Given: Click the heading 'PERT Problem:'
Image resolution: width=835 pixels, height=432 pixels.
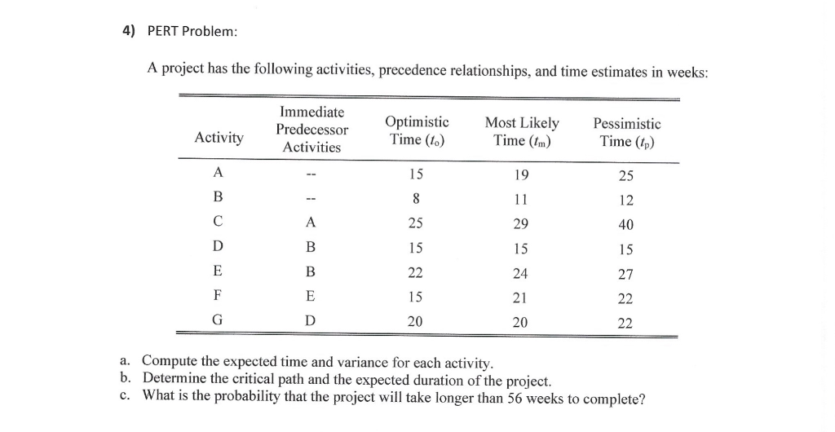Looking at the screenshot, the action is (192, 31).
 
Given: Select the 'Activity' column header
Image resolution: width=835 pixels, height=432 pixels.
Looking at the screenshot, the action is (219, 138).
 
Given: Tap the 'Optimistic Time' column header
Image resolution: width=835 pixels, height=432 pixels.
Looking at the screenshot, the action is (416, 131).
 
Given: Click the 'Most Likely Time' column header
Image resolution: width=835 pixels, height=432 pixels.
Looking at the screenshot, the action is (522, 131).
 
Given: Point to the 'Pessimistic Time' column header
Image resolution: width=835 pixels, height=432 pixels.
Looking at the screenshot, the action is (627, 132).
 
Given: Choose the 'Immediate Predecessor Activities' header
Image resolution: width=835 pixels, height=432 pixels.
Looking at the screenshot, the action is (311, 130).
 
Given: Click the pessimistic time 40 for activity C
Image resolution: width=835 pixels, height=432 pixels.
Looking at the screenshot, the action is (625, 224).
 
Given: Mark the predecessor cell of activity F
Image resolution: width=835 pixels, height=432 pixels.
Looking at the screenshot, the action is (310, 298).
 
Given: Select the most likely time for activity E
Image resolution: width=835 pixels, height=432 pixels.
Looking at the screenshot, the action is (520, 273).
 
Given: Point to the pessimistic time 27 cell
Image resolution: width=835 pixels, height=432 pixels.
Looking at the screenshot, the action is (625, 274).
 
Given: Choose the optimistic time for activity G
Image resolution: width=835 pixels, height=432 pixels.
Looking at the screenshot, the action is (416, 322).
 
